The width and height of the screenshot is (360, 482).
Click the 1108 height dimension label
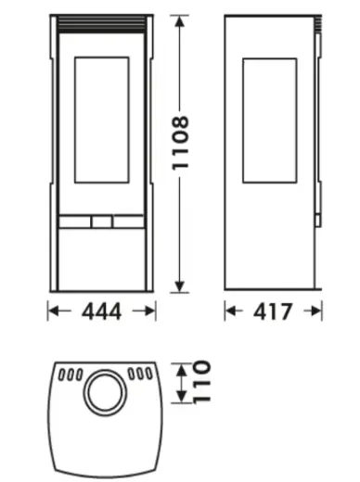click(x=180, y=143)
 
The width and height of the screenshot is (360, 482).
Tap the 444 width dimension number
click(x=101, y=311)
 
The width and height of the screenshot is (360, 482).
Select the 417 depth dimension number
click(x=272, y=311)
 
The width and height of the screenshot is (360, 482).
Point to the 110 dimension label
click(x=201, y=382)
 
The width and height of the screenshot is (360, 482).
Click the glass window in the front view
click(x=102, y=120)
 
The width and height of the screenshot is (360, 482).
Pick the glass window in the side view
click(x=270, y=120)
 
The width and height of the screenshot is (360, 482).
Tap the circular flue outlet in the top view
click(x=105, y=391)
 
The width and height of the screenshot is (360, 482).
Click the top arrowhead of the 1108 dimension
click(x=180, y=21)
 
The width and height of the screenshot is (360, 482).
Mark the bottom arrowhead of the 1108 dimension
click(x=180, y=286)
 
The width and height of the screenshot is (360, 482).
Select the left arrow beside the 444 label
click(x=59, y=311)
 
